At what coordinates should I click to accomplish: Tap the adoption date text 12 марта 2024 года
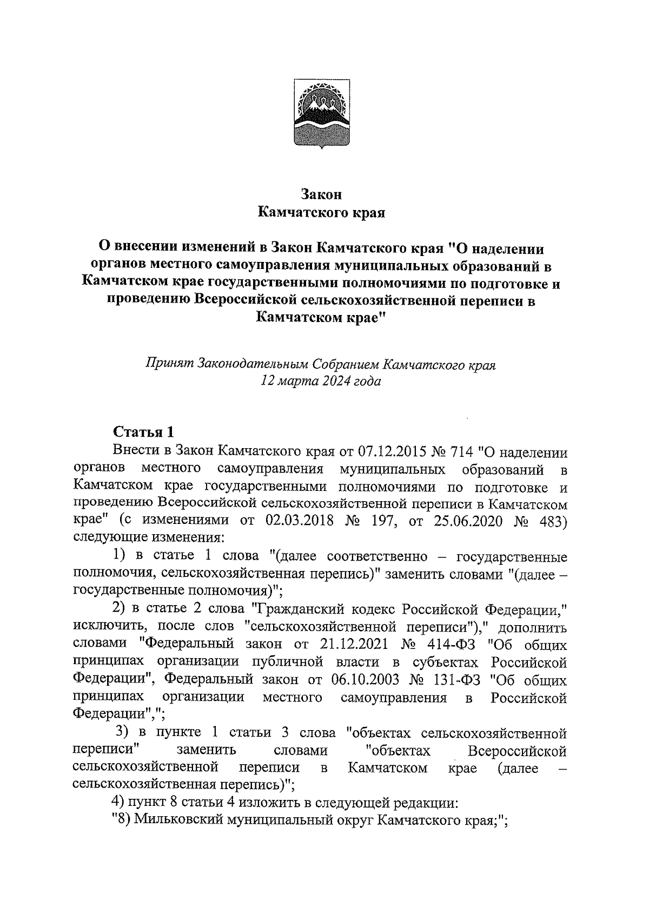tap(321, 381)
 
